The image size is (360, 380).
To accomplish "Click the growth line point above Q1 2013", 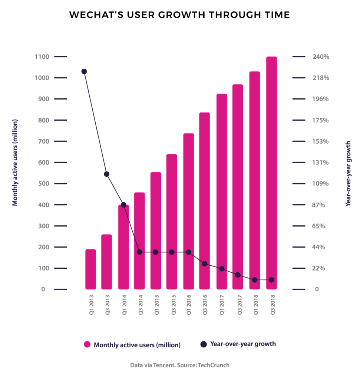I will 84,72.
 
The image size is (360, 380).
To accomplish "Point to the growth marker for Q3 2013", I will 107,174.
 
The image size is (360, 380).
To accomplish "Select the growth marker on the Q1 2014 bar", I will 123,204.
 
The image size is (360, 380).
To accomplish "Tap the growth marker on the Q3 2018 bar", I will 271,280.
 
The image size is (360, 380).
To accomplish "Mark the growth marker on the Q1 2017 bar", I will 222,268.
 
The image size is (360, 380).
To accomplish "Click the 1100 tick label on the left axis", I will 42,57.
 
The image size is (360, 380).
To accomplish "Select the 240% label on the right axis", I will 321,57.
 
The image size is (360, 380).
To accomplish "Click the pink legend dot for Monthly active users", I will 87,344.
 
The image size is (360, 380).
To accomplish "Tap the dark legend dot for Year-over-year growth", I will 204,344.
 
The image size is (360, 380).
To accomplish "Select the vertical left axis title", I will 15,163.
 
